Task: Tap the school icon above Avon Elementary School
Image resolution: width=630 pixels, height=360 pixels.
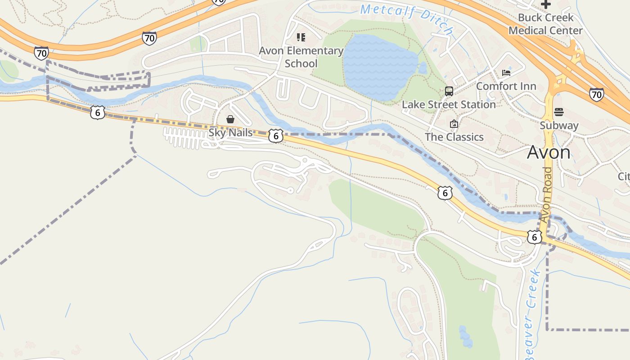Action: pos(301,37)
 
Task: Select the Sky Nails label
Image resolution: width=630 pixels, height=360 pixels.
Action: pos(230,133)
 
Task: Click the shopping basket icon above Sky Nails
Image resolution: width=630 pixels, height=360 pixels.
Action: pos(230,119)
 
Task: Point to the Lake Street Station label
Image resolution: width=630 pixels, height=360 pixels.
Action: pos(449,104)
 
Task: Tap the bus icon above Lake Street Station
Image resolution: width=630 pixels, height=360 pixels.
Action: pos(449,91)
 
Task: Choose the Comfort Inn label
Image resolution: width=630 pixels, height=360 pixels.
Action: pos(506,86)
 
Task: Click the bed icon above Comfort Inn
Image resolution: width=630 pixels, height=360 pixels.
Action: pos(506,73)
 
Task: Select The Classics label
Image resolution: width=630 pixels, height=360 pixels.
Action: pos(454,137)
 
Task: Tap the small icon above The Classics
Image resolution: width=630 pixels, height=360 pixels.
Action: pos(454,124)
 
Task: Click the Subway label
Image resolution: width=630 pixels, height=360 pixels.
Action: pos(559,125)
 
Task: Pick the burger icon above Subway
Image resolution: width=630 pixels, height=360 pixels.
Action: pos(559,112)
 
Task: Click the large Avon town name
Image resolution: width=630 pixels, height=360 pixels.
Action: pos(549,153)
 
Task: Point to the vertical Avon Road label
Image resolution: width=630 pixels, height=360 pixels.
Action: pos(546,194)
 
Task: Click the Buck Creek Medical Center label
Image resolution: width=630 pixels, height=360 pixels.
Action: pos(545,24)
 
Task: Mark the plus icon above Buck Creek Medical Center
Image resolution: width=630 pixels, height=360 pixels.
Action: pos(546,4)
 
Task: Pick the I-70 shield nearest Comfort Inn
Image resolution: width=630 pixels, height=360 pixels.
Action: pos(596,94)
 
